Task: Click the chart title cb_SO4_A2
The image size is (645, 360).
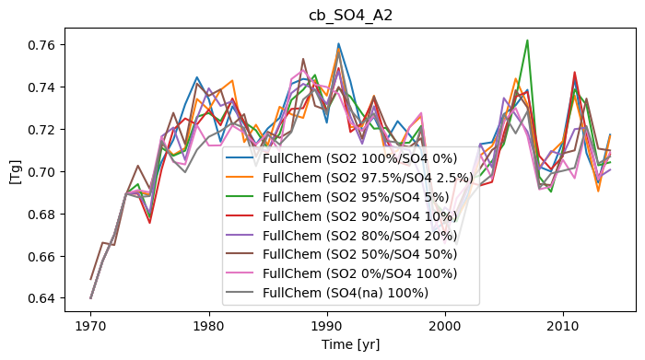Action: pos(350,16)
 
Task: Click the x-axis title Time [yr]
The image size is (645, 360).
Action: pos(350,344)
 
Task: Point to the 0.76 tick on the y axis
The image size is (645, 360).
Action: pos(41,45)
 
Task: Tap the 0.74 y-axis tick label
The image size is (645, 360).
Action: pos(41,87)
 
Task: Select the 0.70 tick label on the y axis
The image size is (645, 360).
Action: pos(41,172)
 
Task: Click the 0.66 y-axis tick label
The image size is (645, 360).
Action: pos(41,257)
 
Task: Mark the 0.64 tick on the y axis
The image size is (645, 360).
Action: pos(41,298)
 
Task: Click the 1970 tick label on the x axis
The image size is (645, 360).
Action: pos(91,326)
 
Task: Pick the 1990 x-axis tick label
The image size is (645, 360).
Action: pos(327,326)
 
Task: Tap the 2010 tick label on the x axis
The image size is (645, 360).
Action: pos(563,326)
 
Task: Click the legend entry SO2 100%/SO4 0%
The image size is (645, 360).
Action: pos(342,158)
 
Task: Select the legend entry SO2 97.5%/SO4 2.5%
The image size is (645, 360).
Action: pos(349,178)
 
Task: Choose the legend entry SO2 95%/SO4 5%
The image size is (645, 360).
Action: pos(338,197)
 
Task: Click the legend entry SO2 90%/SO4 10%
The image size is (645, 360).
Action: pos(342,216)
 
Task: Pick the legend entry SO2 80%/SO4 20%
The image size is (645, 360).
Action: pos(342,236)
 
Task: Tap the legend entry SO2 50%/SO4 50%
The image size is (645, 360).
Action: pos(342,254)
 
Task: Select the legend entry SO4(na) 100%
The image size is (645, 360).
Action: pos(327,293)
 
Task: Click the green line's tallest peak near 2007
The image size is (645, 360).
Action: pos(527,41)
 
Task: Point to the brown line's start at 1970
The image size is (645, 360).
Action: pos(91,280)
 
